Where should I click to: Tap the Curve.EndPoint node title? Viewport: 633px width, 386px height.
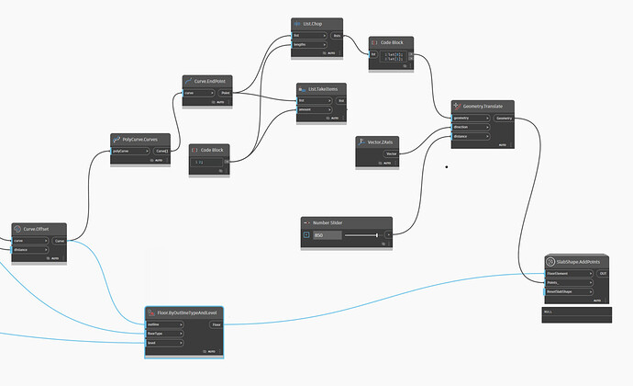211,81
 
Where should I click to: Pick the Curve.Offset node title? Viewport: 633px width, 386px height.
35,229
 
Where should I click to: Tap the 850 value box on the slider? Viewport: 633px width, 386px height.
327,235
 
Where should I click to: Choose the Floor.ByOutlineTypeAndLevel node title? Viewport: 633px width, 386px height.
188,312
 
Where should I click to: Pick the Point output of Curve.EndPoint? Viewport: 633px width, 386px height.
227,93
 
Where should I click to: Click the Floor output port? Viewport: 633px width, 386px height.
217,324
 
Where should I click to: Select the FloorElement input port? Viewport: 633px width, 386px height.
560,273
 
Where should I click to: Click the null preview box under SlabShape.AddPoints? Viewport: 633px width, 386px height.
576,312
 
